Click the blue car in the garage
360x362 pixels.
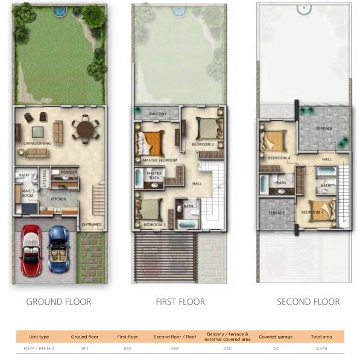click(58, 248)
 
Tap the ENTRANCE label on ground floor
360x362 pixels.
click(92, 225)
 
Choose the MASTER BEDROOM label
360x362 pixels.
click(160, 160)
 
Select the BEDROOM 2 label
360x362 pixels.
click(203, 145)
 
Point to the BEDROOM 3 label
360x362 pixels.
click(154, 225)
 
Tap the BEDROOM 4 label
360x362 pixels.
click(279, 158)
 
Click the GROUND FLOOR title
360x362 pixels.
click(58, 302)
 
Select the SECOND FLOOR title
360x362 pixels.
click(308, 302)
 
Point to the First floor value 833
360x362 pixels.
click(124, 349)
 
